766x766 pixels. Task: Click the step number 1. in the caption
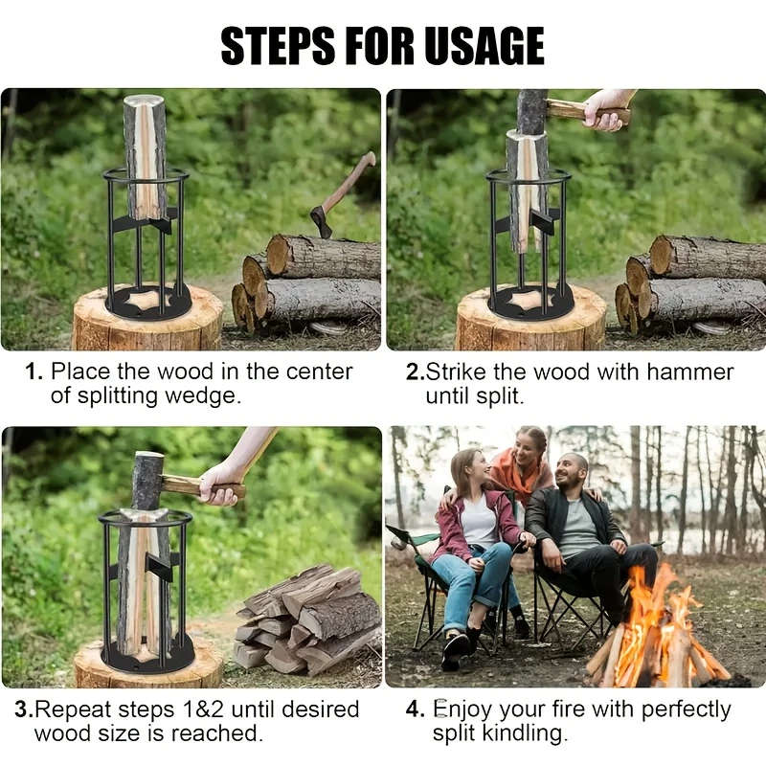point(34,372)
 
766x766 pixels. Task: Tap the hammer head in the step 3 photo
point(147,480)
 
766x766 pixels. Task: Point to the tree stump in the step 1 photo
point(147,326)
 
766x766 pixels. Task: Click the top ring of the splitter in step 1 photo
point(146,174)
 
